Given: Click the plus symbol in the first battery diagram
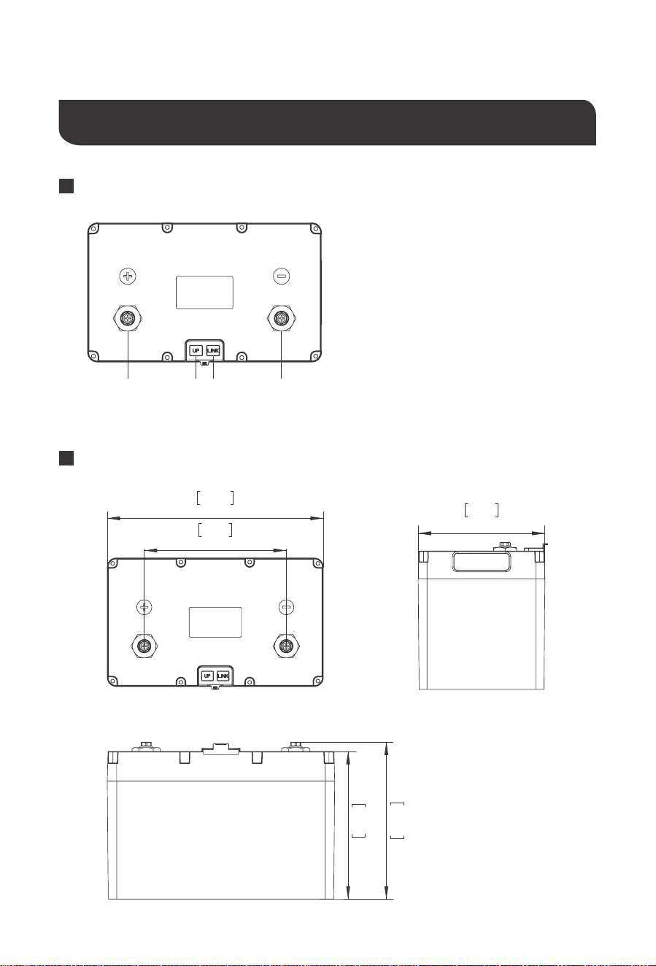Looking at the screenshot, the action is (128, 276).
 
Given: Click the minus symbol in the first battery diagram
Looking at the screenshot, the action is (282, 276).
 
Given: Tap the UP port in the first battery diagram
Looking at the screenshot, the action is (196, 351).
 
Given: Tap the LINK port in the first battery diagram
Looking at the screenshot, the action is (213, 351).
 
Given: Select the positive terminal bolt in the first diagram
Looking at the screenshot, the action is (128, 318).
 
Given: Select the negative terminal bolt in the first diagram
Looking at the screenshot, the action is (282, 318).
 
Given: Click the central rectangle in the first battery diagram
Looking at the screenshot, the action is (204, 293).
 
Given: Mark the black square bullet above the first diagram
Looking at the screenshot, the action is (66, 186).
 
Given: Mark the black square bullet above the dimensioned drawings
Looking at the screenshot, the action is (66, 458).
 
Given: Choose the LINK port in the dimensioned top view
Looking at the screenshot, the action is (223, 676).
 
